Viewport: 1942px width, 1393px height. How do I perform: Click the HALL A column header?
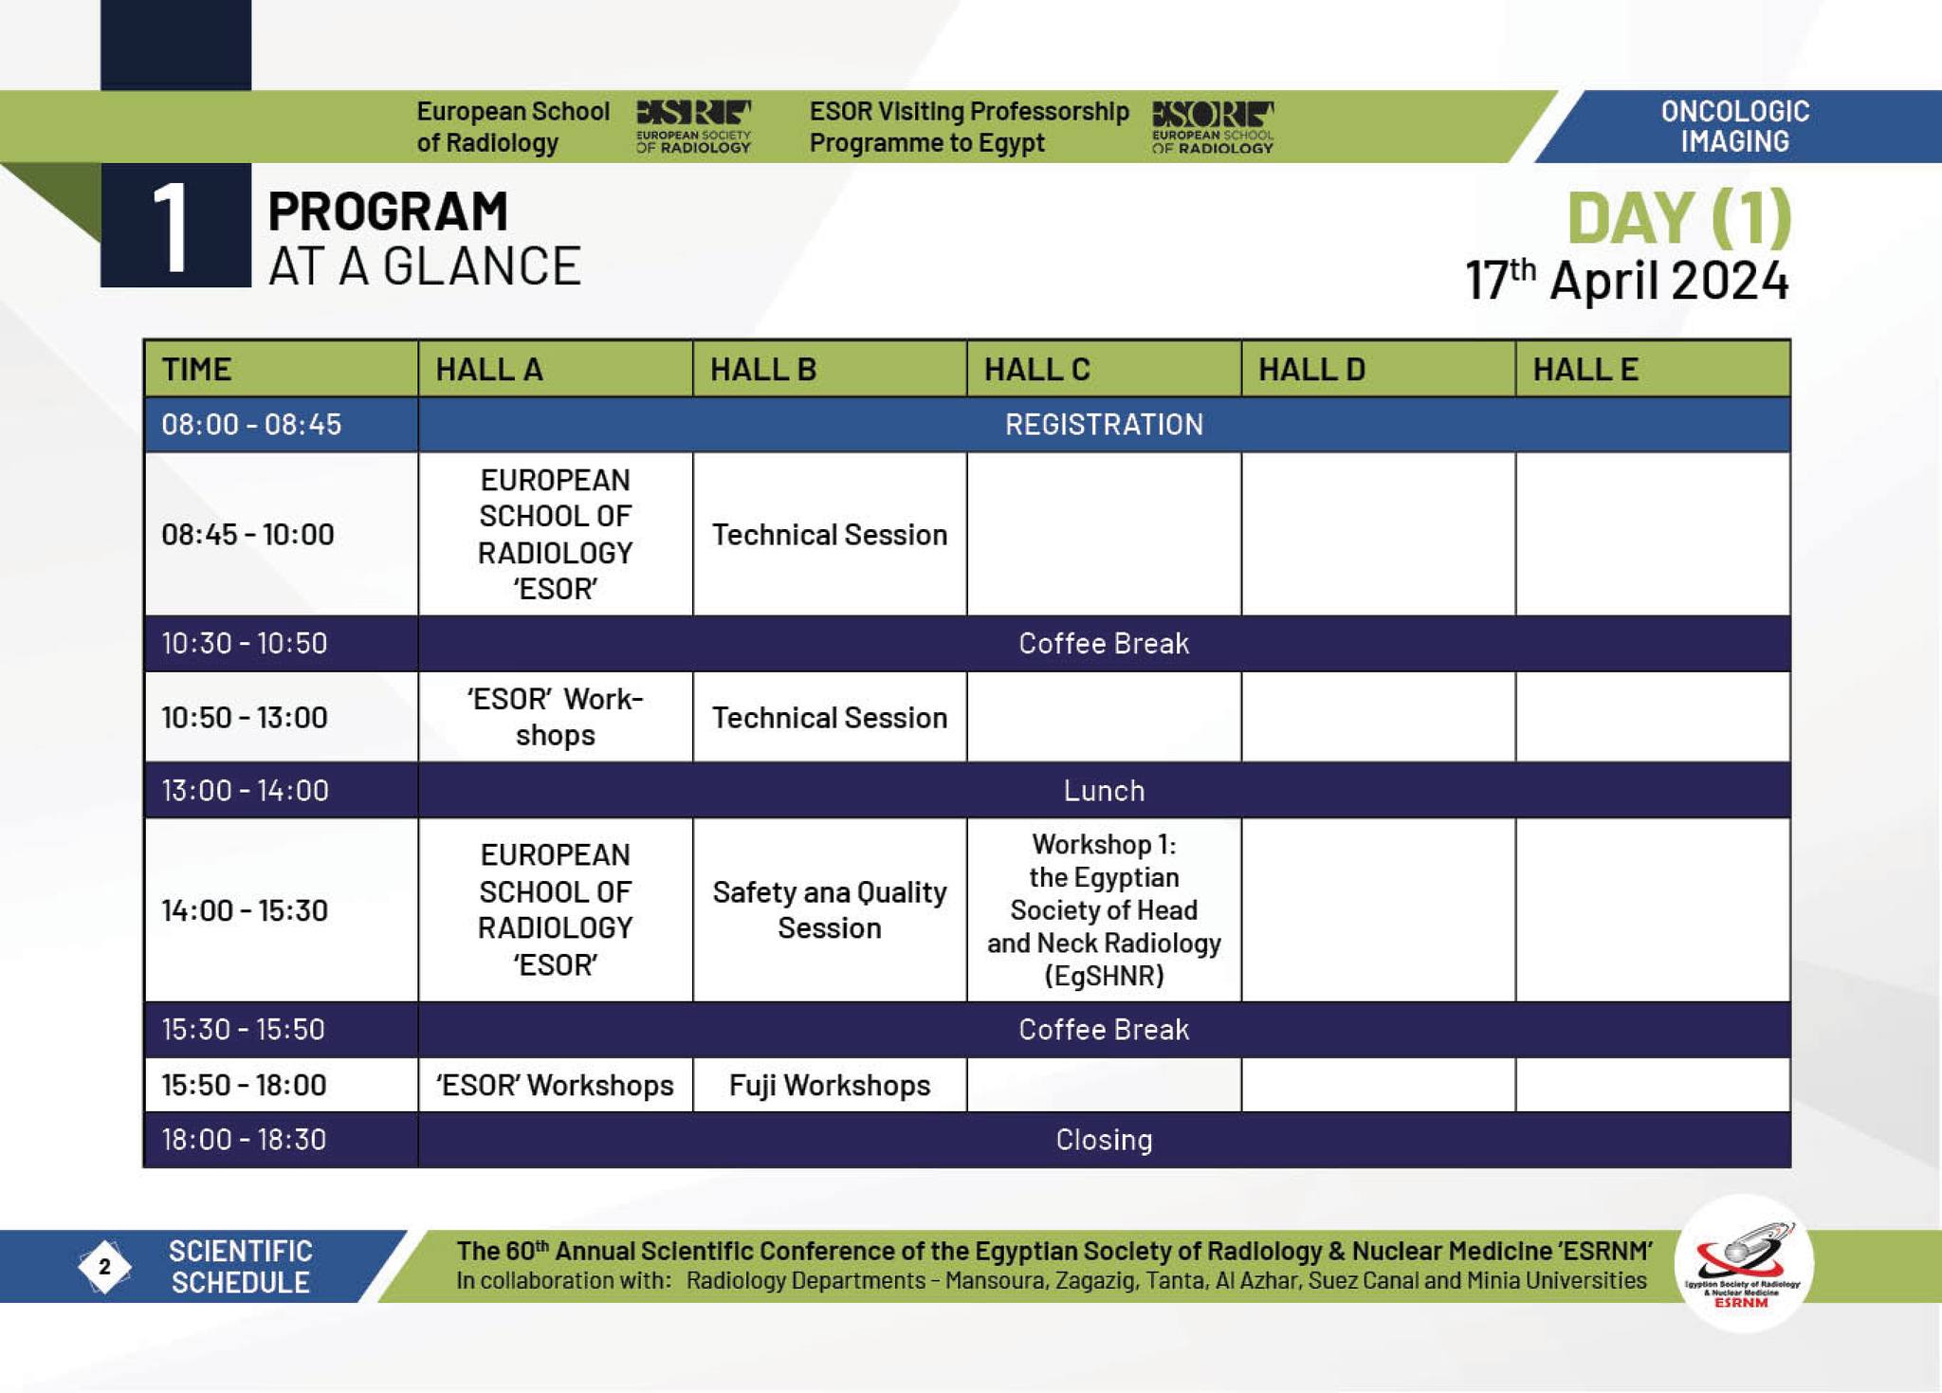click(488, 369)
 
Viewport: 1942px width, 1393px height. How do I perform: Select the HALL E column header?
click(1585, 369)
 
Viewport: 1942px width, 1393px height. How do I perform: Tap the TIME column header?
click(196, 369)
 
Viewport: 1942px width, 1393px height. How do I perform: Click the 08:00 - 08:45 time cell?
click(251, 424)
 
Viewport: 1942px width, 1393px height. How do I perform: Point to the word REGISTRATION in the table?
click(1104, 424)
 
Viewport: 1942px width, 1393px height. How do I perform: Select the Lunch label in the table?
click(1104, 790)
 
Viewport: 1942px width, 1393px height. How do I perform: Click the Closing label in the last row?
click(1104, 1139)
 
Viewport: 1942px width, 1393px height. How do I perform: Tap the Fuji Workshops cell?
click(830, 1085)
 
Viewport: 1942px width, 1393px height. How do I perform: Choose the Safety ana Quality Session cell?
click(830, 909)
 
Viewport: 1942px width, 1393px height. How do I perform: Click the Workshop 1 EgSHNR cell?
click(1104, 909)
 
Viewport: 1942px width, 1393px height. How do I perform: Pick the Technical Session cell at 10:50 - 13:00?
click(830, 717)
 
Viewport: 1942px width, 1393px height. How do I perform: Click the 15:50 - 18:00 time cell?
click(244, 1085)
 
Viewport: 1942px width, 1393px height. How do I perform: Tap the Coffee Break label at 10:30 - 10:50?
click(1104, 643)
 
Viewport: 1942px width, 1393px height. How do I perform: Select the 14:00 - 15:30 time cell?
click(245, 910)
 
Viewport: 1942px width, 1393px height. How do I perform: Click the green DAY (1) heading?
click(1678, 218)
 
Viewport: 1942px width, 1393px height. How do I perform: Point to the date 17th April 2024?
click(1627, 280)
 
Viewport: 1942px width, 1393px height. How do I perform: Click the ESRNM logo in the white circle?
click(1743, 1265)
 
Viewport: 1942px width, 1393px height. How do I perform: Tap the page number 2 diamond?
click(104, 1266)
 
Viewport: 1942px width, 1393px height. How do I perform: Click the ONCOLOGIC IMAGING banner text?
click(1735, 126)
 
